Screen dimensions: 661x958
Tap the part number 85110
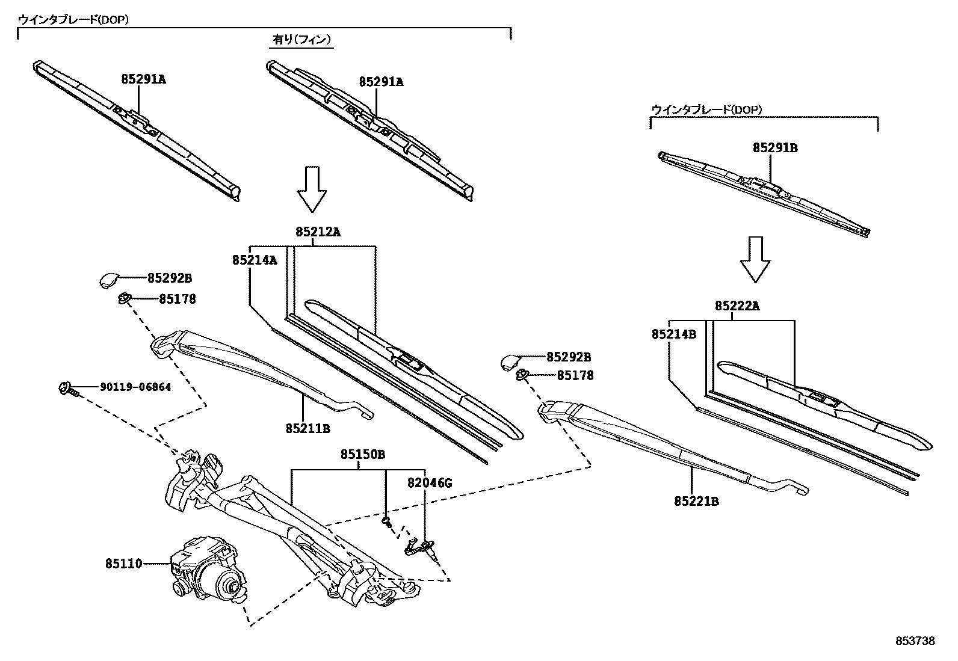(123, 564)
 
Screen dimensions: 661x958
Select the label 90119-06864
(135, 387)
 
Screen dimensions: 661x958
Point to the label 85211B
(307, 428)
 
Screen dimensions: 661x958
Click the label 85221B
(696, 500)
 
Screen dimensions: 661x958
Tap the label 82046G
(429, 483)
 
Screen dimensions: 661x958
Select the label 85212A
(318, 232)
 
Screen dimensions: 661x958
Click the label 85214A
(255, 260)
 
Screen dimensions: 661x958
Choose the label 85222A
(737, 306)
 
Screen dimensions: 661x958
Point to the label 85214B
(673, 334)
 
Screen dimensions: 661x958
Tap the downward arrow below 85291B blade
(755, 259)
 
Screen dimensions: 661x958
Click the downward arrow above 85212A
(312, 189)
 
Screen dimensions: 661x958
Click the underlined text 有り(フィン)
(301, 40)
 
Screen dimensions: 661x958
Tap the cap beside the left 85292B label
(109, 280)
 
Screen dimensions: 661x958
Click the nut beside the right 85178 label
(522, 375)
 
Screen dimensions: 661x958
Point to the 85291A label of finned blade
(381, 82)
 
